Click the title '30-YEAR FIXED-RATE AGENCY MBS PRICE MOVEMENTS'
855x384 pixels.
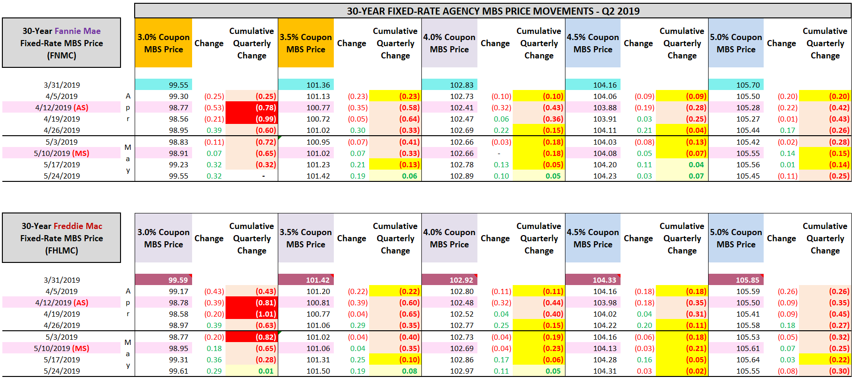pyautogui.click(x=492, y=11)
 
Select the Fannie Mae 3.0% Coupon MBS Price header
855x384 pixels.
pyautogui.click(x=163, y=43)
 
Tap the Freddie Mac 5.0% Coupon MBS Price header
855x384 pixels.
pyautogui.click(x=736, y=238)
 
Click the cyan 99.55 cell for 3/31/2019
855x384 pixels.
pyautogui.click(x=164, y=85)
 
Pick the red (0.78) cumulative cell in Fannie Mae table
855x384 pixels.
pyautogui.click(x=252, y=107)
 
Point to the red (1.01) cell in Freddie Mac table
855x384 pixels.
pyautogui.click(x=252, y=314)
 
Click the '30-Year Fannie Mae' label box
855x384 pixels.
pyautogui.click(x=62, y=43)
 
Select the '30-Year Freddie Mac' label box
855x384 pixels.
pyautogui.click(x=62, y=238)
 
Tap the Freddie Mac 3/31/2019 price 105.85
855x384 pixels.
pyautogui.click(x=736, y=280)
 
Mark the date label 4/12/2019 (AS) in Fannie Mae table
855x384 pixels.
pyautogui.click(x=62, y=107)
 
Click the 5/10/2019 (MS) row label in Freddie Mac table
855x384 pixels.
pyautogui.click(x=62, y=348)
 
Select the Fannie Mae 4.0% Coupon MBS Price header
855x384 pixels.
pyautogui.click(x=449, y=43)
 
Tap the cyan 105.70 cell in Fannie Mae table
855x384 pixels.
pyautogui.click(x=736, y=85)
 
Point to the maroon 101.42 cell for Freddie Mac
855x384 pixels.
pyautogui.click(x=306, y=280)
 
